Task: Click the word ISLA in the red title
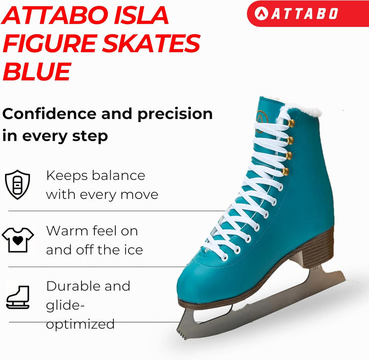pyautogui.click(x=141, y=15)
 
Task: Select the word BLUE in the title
pyautogui.click(x=37, y=71)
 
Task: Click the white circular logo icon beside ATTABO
pyautogui.click(x=261, y=13)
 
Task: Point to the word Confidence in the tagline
pyautogui.click(x=49, y=114)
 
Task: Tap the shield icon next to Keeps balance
pyautogui.click(x=17, y=185)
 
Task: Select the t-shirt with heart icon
pyautogui.click(x=18, y=240)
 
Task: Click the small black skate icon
pyautogui.click(x=18, y=297)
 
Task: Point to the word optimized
pyautogui.click(x=80, y=325)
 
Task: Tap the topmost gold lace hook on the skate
pyautogui.click(x=291, y=123)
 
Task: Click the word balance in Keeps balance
pyautogui.click(x=118, y=176)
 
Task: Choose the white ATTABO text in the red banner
pyautogui.click(x=304, y=13)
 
